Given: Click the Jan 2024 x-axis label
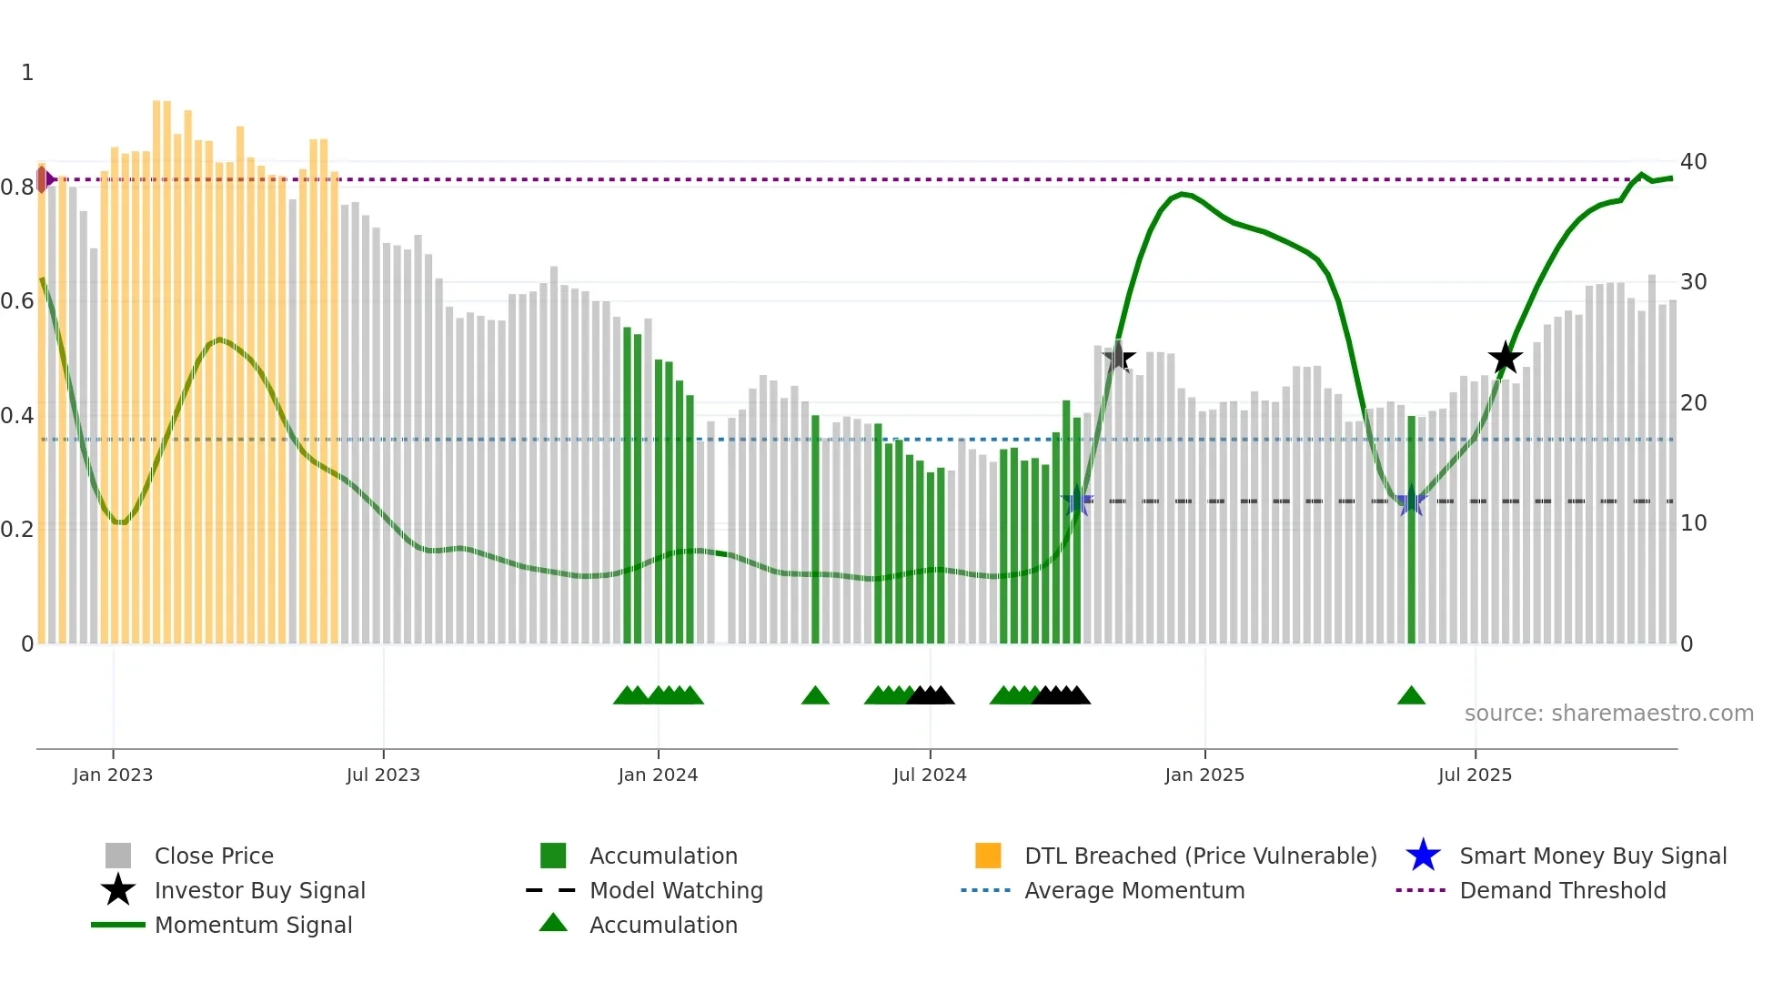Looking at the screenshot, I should point(658,775).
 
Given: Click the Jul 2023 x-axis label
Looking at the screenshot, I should point(383,775).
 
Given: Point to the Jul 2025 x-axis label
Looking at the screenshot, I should point(1475,775).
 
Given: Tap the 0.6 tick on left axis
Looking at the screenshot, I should point(17,301).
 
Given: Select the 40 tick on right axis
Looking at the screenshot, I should point(1693,162).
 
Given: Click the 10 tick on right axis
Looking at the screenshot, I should point(1693,523).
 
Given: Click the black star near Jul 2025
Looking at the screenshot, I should point(1506,359).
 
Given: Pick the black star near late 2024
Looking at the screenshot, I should point(1119,358).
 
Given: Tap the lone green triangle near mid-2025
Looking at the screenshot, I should point(1411,696).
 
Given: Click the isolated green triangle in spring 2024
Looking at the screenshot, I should point(815,696).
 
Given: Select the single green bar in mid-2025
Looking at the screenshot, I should point(1412,528).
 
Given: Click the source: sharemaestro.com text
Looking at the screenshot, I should point(1608,714).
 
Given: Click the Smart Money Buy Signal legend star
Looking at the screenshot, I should point(1423,856).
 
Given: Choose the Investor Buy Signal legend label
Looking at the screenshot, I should point(259,890).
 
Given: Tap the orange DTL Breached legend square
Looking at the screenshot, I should point(988,856).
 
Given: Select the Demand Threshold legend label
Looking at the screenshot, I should point(1562,890).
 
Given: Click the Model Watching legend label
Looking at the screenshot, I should point(676,890).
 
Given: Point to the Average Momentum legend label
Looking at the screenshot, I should point(1134,890).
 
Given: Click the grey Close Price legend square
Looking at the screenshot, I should point(118,856).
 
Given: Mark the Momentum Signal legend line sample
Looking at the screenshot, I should point(118,925).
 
